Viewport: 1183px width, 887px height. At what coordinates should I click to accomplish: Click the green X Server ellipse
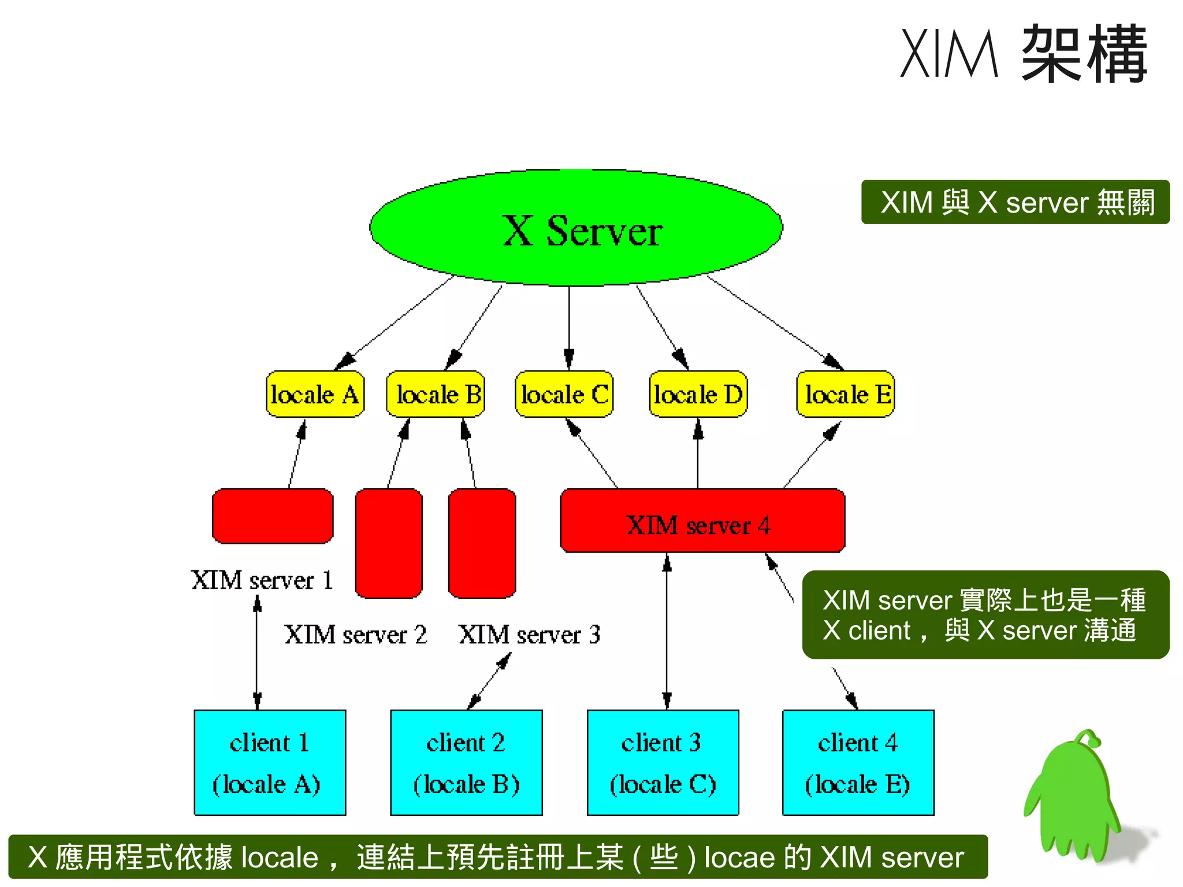(576, 228)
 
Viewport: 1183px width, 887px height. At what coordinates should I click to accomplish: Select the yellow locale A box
(315, 395)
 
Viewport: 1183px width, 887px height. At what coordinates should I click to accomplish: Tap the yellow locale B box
(436, 395)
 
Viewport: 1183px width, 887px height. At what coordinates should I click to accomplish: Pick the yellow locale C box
(564, 395)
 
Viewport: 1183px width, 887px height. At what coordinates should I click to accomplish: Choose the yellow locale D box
(698, 395)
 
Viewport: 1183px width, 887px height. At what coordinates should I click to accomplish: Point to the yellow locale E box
(845, 395)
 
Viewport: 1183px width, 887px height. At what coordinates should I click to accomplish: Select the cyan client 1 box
(270, 762)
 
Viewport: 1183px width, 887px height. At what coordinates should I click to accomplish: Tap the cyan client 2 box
(466, 762)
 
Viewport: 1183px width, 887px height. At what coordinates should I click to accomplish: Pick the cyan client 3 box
(663, 762)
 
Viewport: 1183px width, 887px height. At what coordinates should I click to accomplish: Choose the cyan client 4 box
(858, 762)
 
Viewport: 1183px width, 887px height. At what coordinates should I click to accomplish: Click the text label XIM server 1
(262, 580)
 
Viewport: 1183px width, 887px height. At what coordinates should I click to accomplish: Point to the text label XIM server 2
(355, 634)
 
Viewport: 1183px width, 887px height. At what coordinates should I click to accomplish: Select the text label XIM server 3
(529, 634)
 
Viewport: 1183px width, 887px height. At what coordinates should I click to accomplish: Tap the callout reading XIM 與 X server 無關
(1015, 202)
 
